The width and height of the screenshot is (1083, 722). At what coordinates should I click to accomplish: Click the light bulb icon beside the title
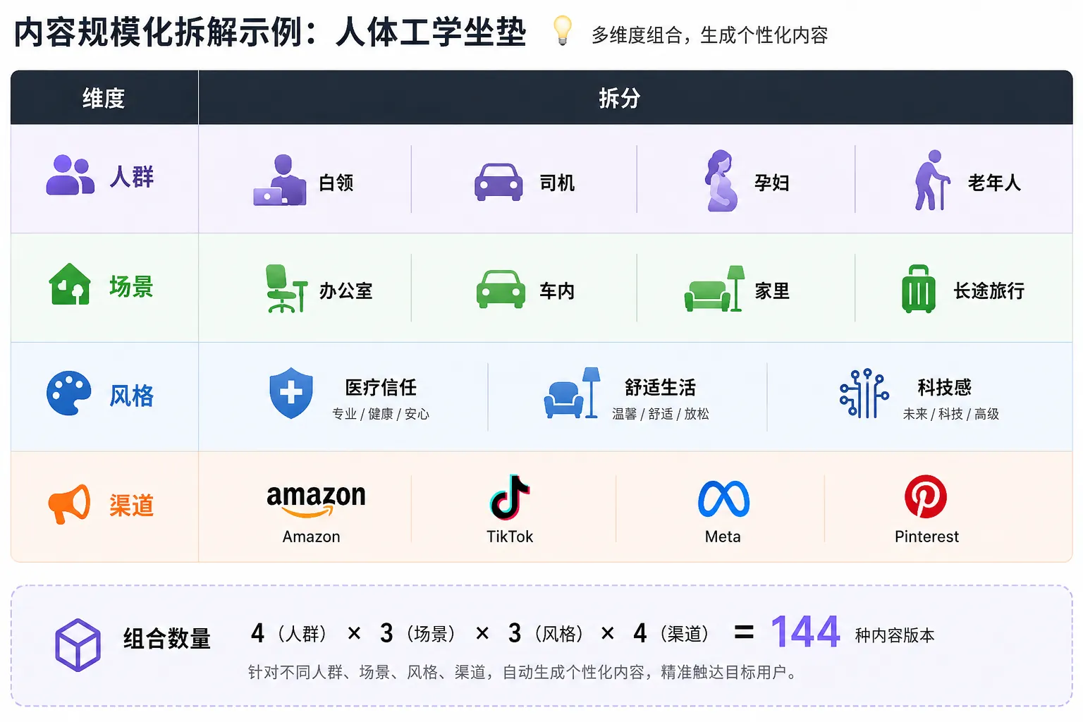(x=562, y=30)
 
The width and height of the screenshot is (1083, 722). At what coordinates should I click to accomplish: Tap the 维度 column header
(x=104, y=99)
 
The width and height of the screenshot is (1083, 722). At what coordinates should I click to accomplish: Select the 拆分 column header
(x=619, y=99)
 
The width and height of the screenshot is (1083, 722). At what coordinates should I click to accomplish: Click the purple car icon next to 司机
(x=498, y=182)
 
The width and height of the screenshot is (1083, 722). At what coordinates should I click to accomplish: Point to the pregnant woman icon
(x=721, y=180)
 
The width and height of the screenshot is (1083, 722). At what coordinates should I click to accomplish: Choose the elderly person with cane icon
(x=931, y=180)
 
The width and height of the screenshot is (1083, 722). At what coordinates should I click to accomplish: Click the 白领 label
(x=336, y=183)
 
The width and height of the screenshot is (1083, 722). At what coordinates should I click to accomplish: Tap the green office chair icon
(x=286, y=288)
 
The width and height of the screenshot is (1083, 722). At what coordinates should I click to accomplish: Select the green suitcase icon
(x=918, y=288)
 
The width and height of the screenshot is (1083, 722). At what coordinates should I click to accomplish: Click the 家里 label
(x=772, y=291)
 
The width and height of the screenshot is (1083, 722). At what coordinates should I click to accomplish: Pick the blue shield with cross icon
(x=291, y=393)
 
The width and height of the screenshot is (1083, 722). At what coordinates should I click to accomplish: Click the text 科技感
(x=945, y=387)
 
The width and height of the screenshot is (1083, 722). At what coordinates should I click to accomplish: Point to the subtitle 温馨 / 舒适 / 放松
(x=661, y=414)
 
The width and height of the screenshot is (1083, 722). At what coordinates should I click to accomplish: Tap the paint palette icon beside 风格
(x=68, y=393)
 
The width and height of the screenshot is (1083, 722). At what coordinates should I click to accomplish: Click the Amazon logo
(x=316, y=501)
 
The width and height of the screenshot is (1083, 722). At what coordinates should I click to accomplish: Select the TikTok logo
(x=510, y=497)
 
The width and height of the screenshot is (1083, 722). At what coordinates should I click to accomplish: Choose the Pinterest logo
(x=926, y=496)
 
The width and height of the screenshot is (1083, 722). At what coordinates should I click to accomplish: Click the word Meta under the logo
(x=723, y=537)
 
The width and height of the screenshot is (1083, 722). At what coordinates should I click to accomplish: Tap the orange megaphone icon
(x=69, y=504)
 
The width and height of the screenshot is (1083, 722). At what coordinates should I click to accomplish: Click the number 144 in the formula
(x=805, y=632)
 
